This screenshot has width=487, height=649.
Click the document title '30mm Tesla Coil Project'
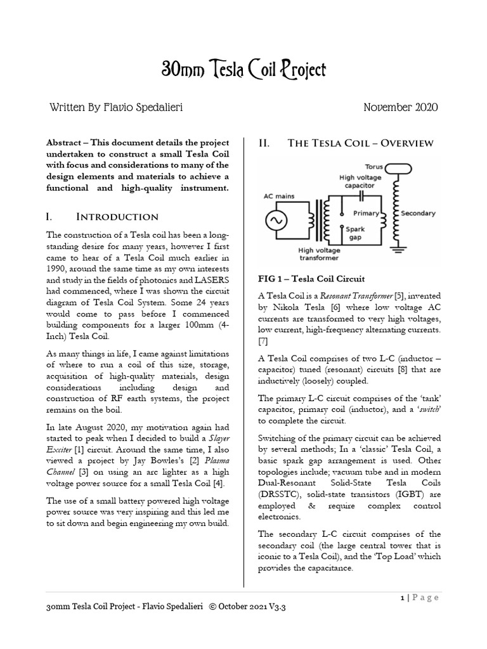pyautogui.click(x=243, y=70)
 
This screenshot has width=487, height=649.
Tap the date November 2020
pyautogui.click(x=400, y=108)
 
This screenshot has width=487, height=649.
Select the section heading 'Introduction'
pyautogui.click(x=114, y=217)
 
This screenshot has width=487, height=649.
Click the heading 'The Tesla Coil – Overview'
pyautogui.click(x=361, y=143)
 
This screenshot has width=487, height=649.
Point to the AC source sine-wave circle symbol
pyautogui.click(x=277, y=221)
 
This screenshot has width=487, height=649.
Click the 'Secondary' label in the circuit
pyautogui.click(x=418, y=214)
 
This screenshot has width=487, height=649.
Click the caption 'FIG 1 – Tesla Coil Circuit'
pyautogui.click(x=311, y=279)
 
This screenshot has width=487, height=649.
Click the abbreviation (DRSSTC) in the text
pyautogui.click(x=280, y=496)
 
